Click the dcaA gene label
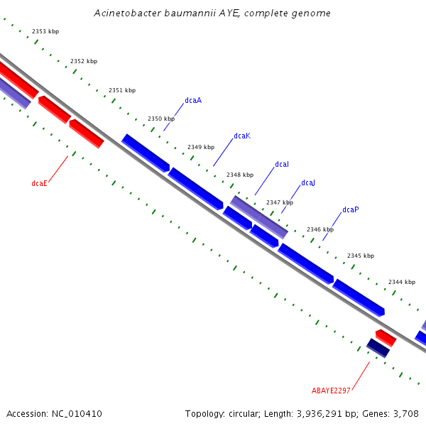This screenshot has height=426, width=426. pyautogui.click(x=193, y=101)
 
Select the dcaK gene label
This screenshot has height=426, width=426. pyautogui.click(x=242, y=136)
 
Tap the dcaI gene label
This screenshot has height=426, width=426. pyautogui.click(x=282, y=165)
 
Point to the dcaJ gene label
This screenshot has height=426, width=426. pyautogui.click(x=308, y=183)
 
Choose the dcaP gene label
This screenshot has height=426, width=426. pyautogui.click(x=351, y=210)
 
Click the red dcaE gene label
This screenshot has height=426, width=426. pyautogui.click(x=40, y=183)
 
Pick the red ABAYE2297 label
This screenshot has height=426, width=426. pyautogui.click(x=332, y=390)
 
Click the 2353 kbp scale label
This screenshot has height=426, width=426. pyautogui.click(x=45, y=32)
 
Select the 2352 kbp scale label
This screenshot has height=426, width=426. pyautogui.click(x=84, y=62)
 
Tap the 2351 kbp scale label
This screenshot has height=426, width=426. pyautogui.click(x=122, y=90)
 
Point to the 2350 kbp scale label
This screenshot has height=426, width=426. pyautogui.click(x=161, y=119)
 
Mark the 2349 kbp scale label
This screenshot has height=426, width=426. pyautogui.click(x=201, y=147)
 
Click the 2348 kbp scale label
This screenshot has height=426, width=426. pyautogui.click(x=240, y=175)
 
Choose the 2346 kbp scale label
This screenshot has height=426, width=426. pyautogui.click(x=320, y=229)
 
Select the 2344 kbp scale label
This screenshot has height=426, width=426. pyautogui.click(x=402, y=282)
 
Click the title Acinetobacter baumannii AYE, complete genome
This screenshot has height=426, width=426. pyautogui.click(x=212, y=13)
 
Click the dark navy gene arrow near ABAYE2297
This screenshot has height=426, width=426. pyautogui.click(x=378, y=348)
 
